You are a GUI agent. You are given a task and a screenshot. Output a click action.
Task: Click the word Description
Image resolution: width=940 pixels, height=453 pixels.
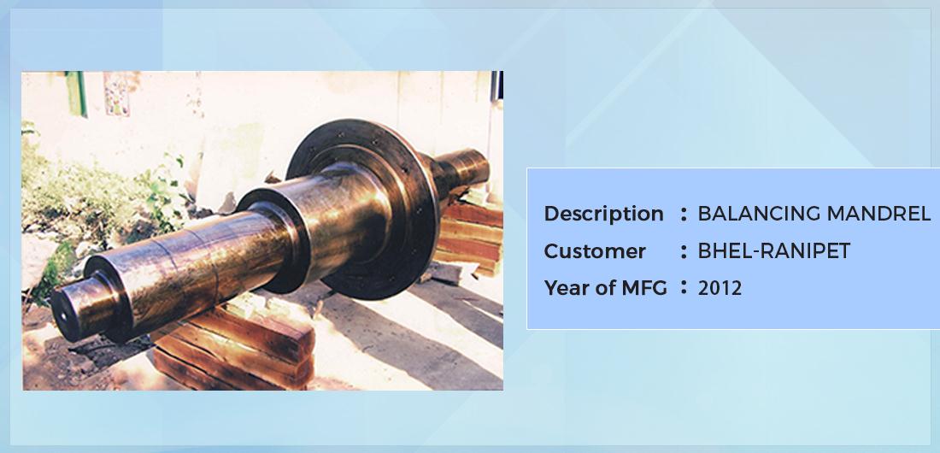point(603,215)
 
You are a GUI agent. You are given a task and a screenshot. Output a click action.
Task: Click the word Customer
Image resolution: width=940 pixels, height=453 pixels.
point(595,251)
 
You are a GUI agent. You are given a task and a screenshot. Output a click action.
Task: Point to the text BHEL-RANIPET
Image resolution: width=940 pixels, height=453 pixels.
point(774,250)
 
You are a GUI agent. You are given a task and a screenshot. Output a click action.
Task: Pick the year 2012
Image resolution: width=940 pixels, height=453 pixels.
point(720,288)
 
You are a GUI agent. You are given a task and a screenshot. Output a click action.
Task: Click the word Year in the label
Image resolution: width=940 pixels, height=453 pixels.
point(565,288)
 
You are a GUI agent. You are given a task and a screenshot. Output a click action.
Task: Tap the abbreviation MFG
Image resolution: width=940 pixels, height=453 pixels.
point(643,288)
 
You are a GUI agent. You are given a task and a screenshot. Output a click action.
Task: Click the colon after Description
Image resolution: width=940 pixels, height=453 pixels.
point(684,215)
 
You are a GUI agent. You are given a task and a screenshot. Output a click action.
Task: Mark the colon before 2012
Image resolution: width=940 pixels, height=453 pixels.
point(684,288)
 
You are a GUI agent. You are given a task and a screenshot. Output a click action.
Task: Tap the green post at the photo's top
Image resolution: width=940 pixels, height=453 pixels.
point(77,93)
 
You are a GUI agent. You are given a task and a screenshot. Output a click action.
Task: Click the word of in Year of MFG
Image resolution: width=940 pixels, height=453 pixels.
point(603,288)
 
